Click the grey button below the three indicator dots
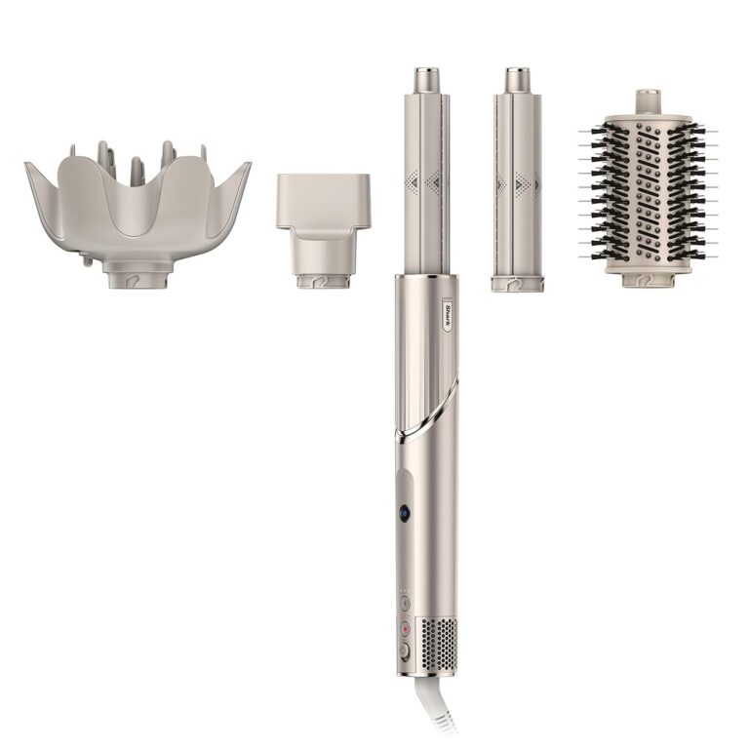click(x=404, y=604)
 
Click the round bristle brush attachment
click(x=648, y=195)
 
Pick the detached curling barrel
click(x=516, y=180)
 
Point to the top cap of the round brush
click(x=648, y=101)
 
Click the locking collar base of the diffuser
click(x=138, y=278)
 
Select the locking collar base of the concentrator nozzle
click(x=323, y=281)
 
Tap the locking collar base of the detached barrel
click(x=517, y=284)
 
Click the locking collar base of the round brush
click(x=647, y=279)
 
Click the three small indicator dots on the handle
click(x=404, y=591)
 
